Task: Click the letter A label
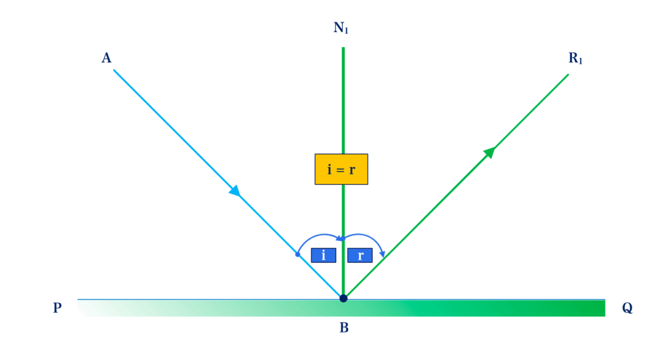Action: tap(106, 58)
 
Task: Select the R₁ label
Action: tap(575, 58)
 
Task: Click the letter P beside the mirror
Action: tap(58, 308)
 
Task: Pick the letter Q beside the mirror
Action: tap(627, 308)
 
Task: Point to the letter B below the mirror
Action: tap(344, 328)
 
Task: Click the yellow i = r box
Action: tap(341, 169)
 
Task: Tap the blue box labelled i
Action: tap(323, 255)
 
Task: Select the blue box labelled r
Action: tap(360, 255)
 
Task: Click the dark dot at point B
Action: tap(343, 298)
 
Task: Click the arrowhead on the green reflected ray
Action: tap(489, 153)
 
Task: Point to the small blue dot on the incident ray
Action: tap(297, 254)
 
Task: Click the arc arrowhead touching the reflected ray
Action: tap(383, 254)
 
